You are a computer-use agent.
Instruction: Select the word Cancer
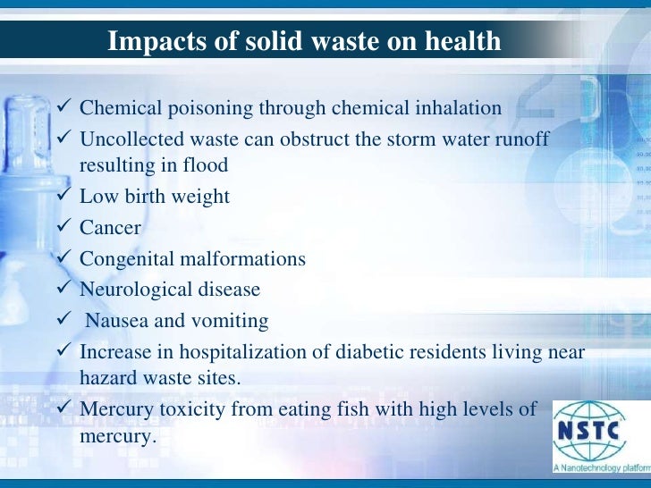coord(110,228)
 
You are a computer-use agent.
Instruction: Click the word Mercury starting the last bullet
coord(114,408)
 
